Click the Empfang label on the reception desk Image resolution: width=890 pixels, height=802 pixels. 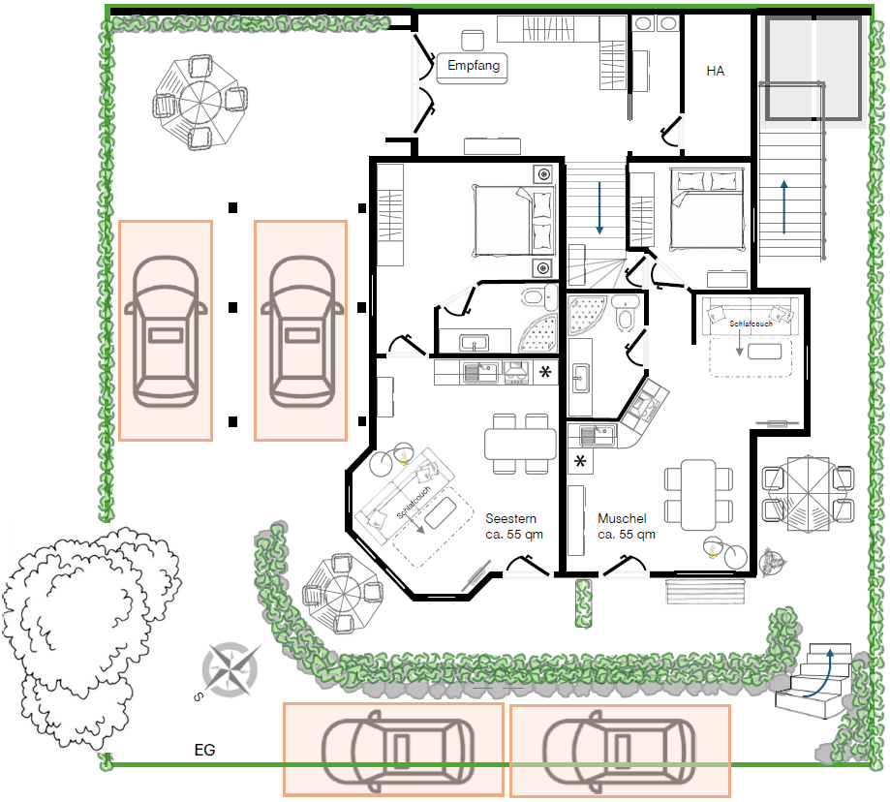pyautogui.click(x=474, y=66)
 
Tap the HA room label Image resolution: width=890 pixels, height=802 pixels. pyautogui.click(x=715, y=71)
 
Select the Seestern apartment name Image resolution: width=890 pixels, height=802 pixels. pyautogui.click(x=510, y=518)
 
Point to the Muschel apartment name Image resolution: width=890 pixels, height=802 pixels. pyautogui.click(x=622, y=518)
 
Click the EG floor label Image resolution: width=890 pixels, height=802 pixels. pyautogui.click(x=205, y=750)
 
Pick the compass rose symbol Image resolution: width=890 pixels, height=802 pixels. pyautogui.click(x=231, y=669)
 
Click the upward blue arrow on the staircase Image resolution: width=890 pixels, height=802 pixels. pyautogui.click(x=783, y=207)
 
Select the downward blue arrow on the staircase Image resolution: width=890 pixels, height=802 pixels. pyautogui.click(x=599, y=208)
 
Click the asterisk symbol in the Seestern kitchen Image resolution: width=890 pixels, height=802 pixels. pyautogui.click(x=545, y=372)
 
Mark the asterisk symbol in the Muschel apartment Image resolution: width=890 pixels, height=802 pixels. pyautogui.click(x=580, y=461)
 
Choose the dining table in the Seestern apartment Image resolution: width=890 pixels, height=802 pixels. pyautogui.click(x=520, y=444)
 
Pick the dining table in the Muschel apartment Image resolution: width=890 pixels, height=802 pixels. pyautogui.click(x=698, y=495)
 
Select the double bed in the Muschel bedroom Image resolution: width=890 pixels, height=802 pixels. pyautogui.click(x=707, y=209)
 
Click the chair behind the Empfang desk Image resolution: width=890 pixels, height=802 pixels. pyautogui.click(x=473, y=41)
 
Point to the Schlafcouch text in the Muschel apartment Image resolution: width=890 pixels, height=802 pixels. pyautogui.click(x=751, y=324)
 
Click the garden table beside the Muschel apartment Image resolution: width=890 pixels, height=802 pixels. pyautogui.click(x=809, y=494)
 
